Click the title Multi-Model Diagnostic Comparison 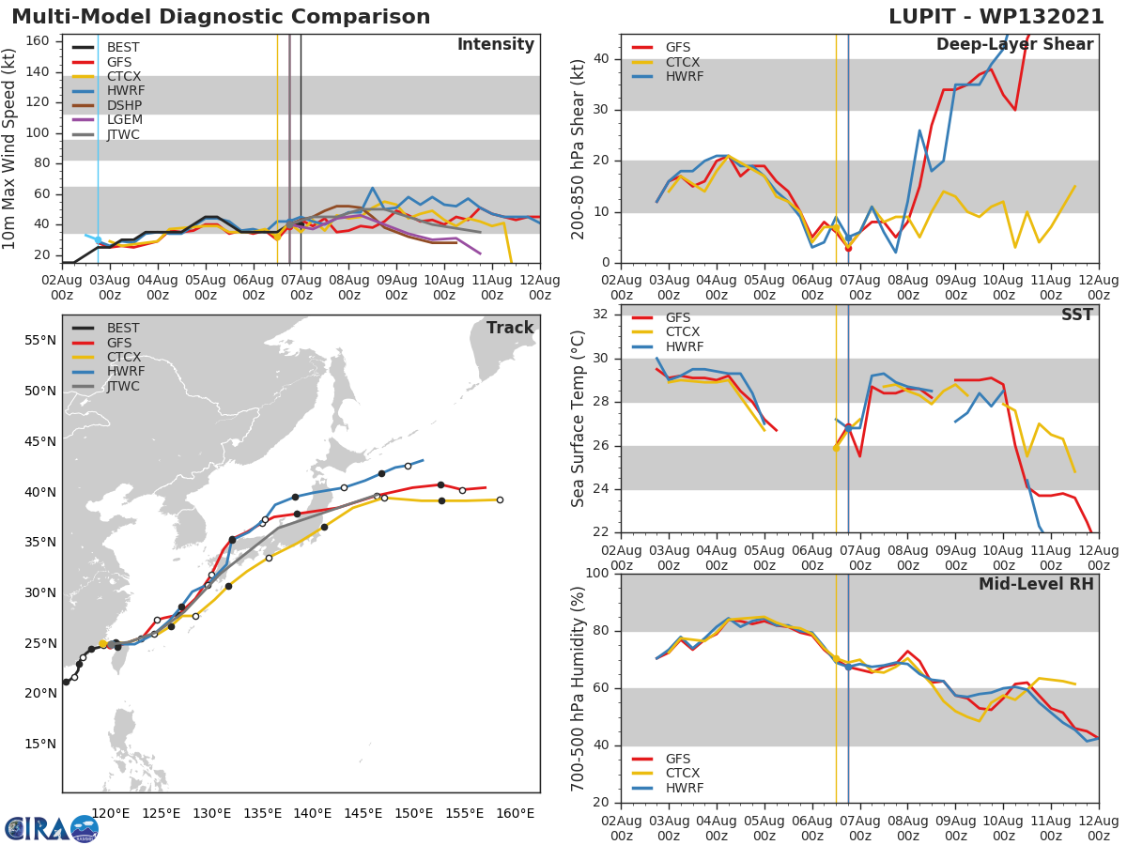click(x=221, y=17)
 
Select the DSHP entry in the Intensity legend click(x=122, y=105)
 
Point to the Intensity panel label click(x=495, y=45)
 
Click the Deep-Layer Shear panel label click(x=1014, y=45)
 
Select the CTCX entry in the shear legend click(x=683, y=62)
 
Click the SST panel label click(x=1077, y=315)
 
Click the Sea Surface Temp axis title click(x=579, y=418)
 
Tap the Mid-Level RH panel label click(x=1036, y=585)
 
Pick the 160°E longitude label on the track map click(x=515, y=813)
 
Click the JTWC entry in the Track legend click(x=123, y=387)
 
